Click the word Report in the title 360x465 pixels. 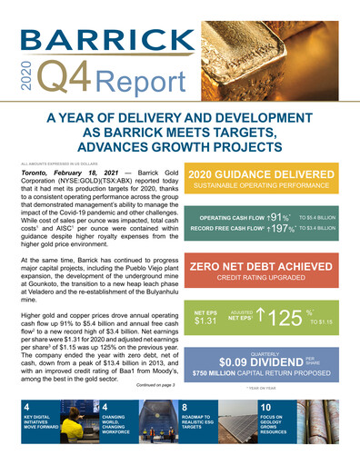(146, 83)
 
